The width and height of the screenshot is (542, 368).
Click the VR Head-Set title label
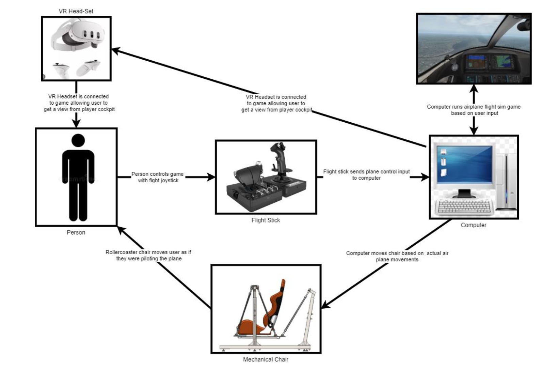pyautogui.click(x=76, y=11)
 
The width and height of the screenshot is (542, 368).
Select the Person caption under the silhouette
pyautogui.click(x=76, y=232)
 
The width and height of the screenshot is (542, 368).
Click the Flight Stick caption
pyautogui.click(x=266, y=220)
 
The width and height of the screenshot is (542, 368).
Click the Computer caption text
pyautogui.click(x=473, y=225)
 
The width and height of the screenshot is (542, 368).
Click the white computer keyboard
pyautogui.click(x=464, y=206)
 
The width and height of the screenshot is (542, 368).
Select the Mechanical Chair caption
pyautogui.click(x=266, y=359)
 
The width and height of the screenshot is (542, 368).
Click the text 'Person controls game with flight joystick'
pyautogui.click(x=158, y=177)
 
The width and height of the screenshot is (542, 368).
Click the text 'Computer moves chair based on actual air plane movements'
pyautogui.click(x=397, y=256)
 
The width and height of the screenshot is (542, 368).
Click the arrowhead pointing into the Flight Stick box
pyautogui.click(x=212, y=177)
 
